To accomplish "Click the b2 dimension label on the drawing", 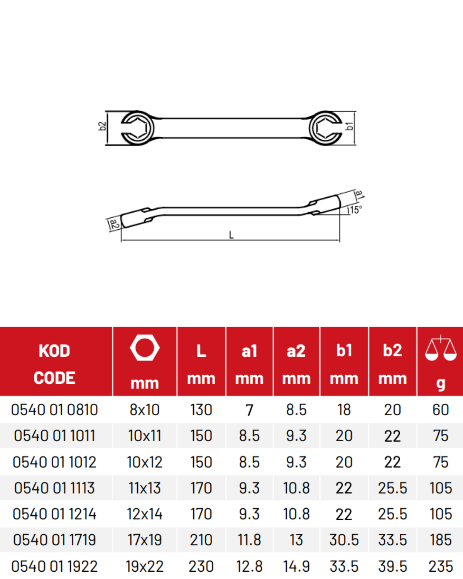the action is [x=102, y=126].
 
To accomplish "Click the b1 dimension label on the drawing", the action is [x=350, y=126].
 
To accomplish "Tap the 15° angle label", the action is [x=356, y=210].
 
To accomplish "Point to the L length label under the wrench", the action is [x=231, y=235].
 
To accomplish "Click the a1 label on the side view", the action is [x=360, y=194].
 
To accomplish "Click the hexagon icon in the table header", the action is [x=145, y=348].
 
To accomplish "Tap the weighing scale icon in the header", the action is [x=441, y=348].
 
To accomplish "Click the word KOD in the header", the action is [x=54, y=351].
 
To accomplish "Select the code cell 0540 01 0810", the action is [x=54, y=410].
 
